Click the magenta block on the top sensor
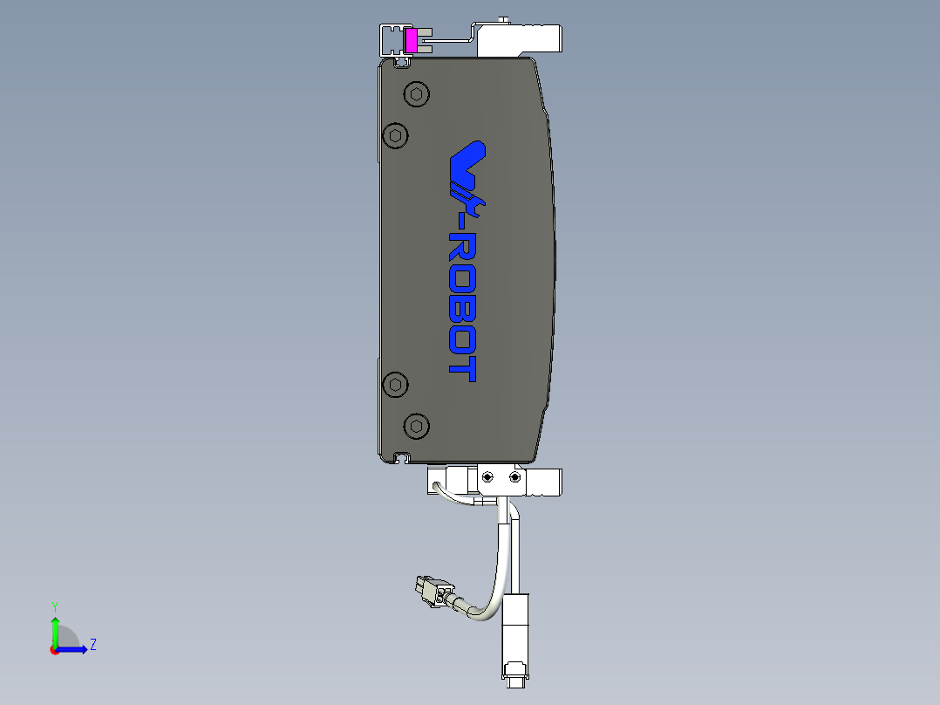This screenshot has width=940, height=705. (x=412, y=40)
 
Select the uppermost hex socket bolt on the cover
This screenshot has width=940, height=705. (x=417, y=94)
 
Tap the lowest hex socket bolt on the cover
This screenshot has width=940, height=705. (x=418, y=426)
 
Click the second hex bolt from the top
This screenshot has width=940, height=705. (x=396, y=135)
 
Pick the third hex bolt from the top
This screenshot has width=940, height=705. (x=396, y=384)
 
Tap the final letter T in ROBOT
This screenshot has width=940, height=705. (x=461, y=369)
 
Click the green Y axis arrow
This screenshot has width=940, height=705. (x=55, y=629)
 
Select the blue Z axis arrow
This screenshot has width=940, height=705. (x=75, y=649)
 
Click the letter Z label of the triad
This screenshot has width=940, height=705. (x=92, y=645)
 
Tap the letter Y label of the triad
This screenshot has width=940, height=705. (x=55, y=606)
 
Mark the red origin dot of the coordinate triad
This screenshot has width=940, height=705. (x=54, y=650)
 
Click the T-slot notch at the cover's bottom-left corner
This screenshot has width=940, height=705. (x=402, y=456)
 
